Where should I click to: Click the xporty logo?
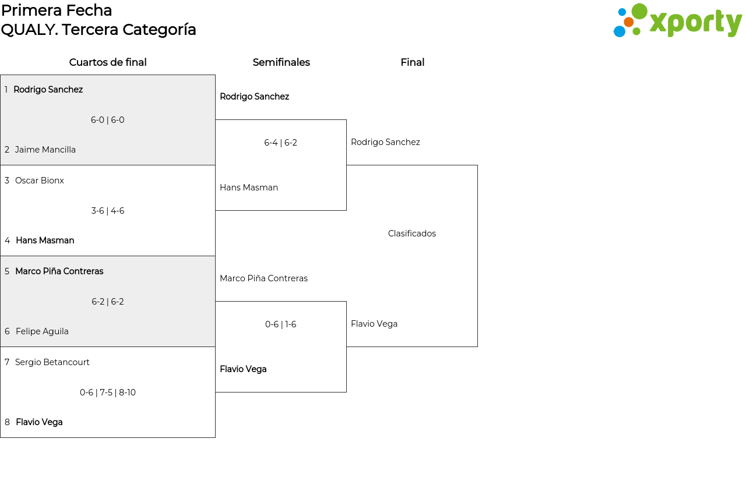point(677,20)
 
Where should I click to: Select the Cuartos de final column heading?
point(108,62)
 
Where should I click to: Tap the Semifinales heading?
point(281,62)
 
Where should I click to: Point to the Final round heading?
point(412,62)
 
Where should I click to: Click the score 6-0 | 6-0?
point(108,120)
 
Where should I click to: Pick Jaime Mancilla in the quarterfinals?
point(45,150)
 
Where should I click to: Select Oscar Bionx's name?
point(39,181)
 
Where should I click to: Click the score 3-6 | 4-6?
point(108,211)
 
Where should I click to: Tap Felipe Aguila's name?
point(42,331)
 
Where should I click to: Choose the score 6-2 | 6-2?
point(108,302)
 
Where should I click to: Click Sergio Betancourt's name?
point(52,362)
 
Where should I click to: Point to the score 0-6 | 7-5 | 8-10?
point(108,392)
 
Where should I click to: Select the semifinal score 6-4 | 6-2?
point(280,143)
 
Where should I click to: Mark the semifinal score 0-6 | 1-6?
point(280,324)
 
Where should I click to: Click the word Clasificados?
point(412,234)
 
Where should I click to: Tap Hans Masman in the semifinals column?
point(249,188)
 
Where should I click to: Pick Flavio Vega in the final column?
point(374,324)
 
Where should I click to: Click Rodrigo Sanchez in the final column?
point(385,142)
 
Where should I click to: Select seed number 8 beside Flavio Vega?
point(7,422)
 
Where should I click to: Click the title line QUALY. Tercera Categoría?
point(98,30)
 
